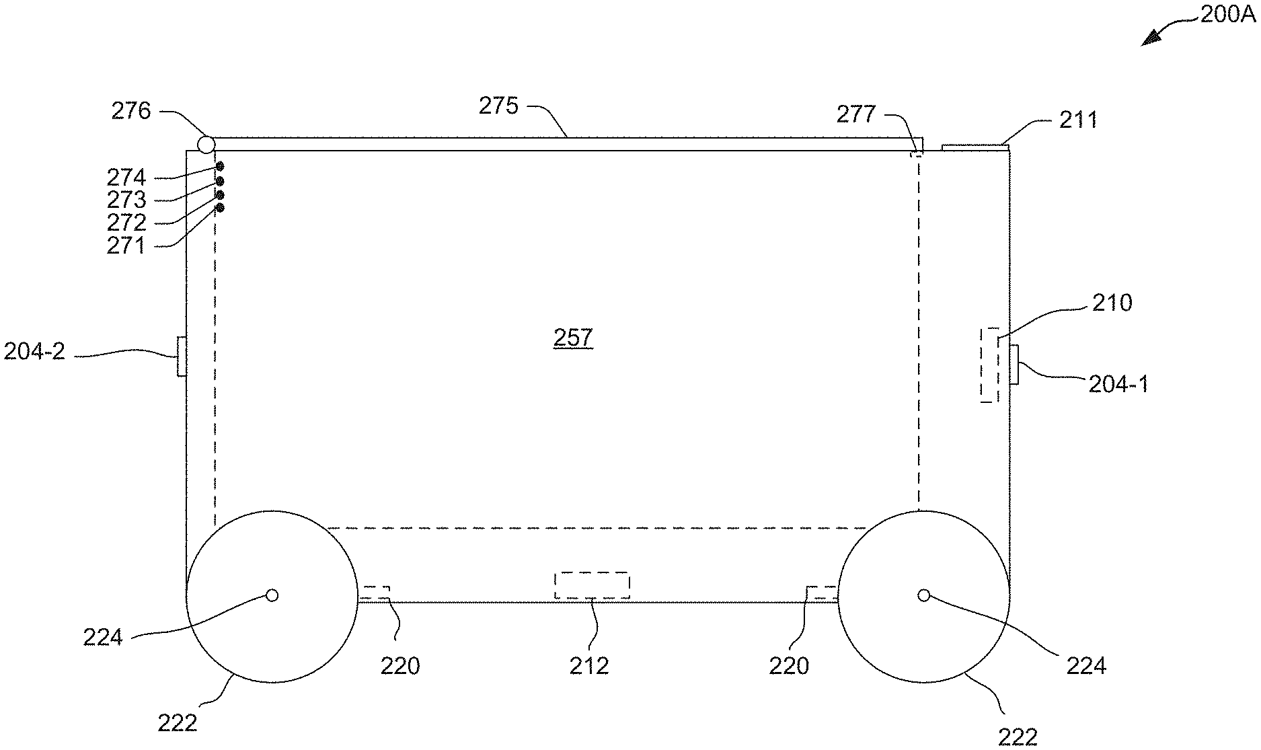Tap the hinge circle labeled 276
(x=206, y=144)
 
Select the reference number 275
(x=499, y=106)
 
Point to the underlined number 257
(x=573, y=338)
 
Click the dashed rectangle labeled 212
(x=592, y=585)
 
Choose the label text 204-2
(x=34, y=351)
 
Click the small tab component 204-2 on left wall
(x=181, y=356)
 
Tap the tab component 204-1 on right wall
(x=1014, y=365)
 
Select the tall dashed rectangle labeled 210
(x=989, y=365)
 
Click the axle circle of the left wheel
(x=272, y=595)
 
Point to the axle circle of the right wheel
(x=924, y=595)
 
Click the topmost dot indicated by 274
(x=219, y=166)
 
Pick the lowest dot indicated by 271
(x=219, y=208)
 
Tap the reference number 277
(x=856, y=115)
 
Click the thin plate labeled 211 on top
(x=972, y=147)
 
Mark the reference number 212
(x=589, y=666)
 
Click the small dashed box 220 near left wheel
(x=375, y=593)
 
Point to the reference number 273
(x=126, y=200)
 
